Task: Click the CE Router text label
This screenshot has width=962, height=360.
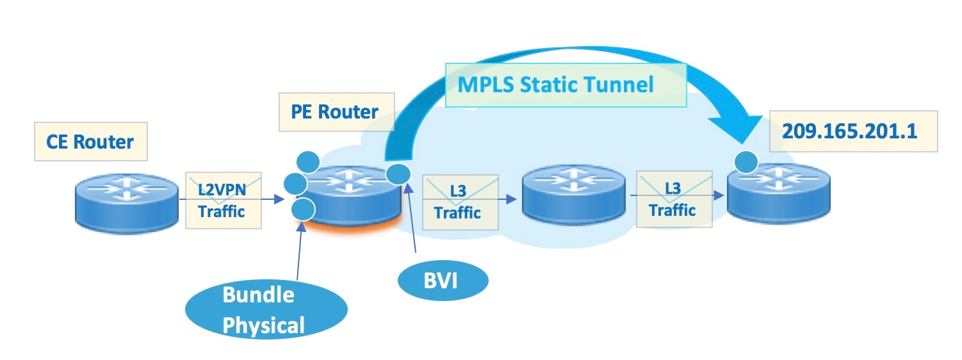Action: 90,141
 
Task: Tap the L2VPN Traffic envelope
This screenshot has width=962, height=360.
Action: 223,200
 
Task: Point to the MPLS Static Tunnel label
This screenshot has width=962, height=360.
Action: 557,85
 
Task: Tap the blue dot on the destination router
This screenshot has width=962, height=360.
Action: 746,162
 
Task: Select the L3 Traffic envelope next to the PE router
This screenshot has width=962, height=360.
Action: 460,202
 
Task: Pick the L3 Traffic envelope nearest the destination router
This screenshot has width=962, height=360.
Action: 673,199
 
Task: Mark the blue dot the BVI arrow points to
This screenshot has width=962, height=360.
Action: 399,172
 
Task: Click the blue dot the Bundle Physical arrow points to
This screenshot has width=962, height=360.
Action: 303,208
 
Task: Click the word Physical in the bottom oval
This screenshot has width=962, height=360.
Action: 264,325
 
